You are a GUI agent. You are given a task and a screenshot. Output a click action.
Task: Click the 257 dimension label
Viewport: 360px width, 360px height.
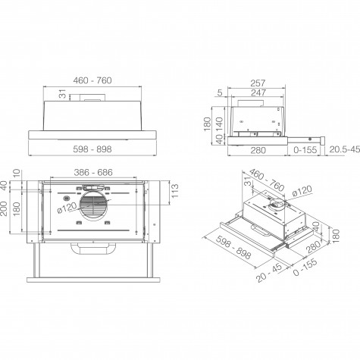pyautogui.click(x=258, y=83)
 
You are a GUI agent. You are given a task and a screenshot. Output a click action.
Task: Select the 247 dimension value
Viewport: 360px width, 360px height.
pyautogui.click(x=258, y=92)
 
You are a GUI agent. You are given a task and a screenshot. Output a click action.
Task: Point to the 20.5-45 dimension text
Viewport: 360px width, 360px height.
pyautogui.click(x=345, y=149)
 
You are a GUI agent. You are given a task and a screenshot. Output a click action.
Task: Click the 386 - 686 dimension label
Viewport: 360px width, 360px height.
pyautogui.click(x=93, y=172)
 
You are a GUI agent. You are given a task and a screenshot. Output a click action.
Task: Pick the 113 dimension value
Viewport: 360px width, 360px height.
pyautogui.click(x=175, y=191)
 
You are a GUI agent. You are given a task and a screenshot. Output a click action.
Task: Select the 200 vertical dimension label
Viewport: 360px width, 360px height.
pyautogui.click(x=4, y=208)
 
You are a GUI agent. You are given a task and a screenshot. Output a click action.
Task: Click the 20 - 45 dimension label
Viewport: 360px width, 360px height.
pyautogui.click(x=269, y=273)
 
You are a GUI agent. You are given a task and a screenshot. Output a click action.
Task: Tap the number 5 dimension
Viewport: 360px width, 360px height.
pyautogui.click(x=220, y=93)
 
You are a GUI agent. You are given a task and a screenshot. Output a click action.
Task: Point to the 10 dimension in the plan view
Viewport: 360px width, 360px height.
pyautogui.click(x=17, y=174)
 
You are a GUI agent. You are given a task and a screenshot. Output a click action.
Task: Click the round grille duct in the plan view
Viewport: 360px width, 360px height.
pyautogui.click(x=93, y=206)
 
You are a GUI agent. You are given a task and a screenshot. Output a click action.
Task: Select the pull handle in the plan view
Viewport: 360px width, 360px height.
pyautogui.click(x=93, y=249)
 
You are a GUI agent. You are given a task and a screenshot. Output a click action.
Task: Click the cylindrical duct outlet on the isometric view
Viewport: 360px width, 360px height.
pyautogui.click(x=277, y=205)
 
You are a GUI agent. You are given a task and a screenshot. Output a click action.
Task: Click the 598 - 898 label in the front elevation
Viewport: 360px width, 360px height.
pyautogui.click(x=92, y=149)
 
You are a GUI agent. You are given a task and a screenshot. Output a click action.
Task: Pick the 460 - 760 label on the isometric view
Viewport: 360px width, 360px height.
pyautogui.click(x=267, y=180)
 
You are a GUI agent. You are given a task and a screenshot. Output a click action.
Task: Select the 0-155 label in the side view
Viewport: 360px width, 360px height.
pyautogui.click(x=305, y=150)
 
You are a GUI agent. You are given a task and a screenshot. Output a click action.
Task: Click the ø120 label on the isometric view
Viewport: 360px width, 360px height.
pyautogui.click(x=302, y=191)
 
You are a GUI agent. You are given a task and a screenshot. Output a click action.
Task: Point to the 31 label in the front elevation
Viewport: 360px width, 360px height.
pyautogui.click(x=62, y=94)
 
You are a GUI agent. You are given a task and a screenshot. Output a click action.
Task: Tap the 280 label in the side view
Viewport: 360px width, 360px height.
pyautogui.click(x=258, y=150)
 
